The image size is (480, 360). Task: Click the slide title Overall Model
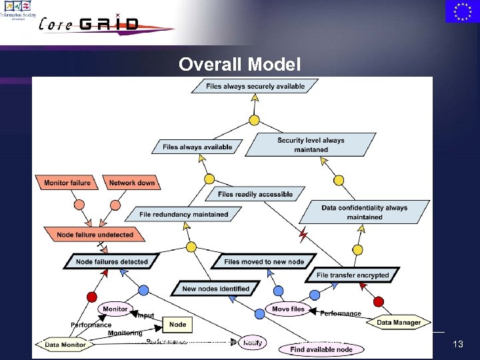pos(240,65)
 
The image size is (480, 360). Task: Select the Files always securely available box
pos(255,86)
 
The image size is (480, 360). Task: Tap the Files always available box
pos(197,147)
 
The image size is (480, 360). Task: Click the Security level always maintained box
pos(311,145)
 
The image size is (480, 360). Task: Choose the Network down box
pos(131,182)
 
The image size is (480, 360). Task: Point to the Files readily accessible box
pos(255,194)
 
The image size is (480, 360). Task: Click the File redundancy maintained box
pos(184,214)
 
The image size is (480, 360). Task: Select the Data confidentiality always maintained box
pos(364,212)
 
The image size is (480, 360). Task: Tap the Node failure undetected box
pos(95,235)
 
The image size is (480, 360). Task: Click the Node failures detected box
pos(111,261)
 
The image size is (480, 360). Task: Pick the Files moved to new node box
pos(264,261)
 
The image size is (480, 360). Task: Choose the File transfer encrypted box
pos(353,275)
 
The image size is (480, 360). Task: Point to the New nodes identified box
pos(215,289)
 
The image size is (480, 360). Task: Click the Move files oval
pos(289,309)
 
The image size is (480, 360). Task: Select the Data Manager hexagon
pos(399,322)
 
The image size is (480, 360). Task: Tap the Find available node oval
pos(321,349)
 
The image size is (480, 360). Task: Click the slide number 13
pos(457,344)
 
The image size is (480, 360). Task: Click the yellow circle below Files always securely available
pos(254,121)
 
